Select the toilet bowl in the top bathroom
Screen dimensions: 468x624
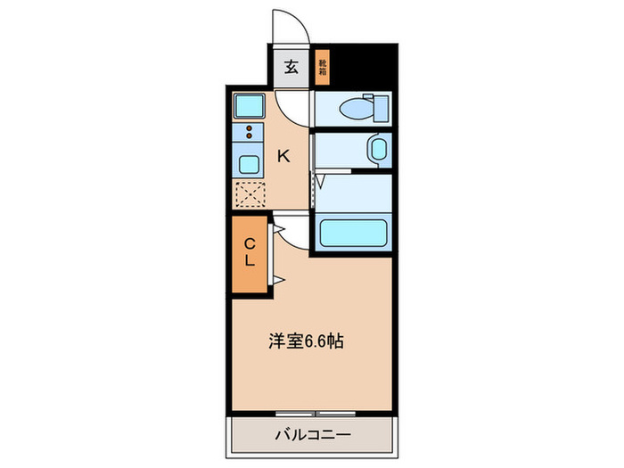(x=357, y=110)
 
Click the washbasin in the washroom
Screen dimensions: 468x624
(x=378, y=149)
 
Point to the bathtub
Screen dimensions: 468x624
(x=353, y=234)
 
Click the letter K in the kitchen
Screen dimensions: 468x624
(x=283, y=157)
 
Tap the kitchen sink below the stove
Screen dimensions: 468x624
(x=249, y=164)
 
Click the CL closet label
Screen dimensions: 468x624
(x=250, y=252)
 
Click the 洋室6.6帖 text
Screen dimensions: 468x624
(x=307, y=341)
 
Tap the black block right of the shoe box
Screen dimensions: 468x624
(x=362, y=64)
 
